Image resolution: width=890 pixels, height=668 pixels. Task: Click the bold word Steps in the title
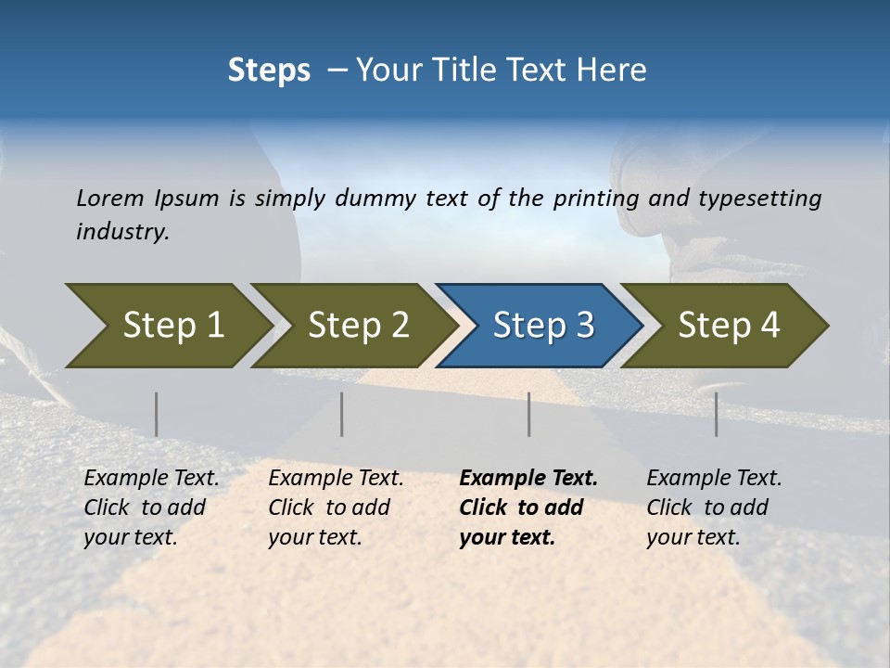(269, 71)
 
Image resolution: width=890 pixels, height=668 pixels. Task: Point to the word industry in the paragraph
(122, 232)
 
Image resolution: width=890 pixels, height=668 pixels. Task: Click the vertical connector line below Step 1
(157, 414)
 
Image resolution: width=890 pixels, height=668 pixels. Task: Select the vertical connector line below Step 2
(342, 414)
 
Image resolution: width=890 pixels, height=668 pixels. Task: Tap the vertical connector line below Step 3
(529, 414)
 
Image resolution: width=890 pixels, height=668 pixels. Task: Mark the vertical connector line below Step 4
(717, 414)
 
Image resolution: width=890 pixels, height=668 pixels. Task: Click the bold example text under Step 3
(528, 507)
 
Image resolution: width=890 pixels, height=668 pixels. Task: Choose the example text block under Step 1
(151, 507)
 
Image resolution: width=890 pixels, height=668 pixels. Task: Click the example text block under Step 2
(336, 507)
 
